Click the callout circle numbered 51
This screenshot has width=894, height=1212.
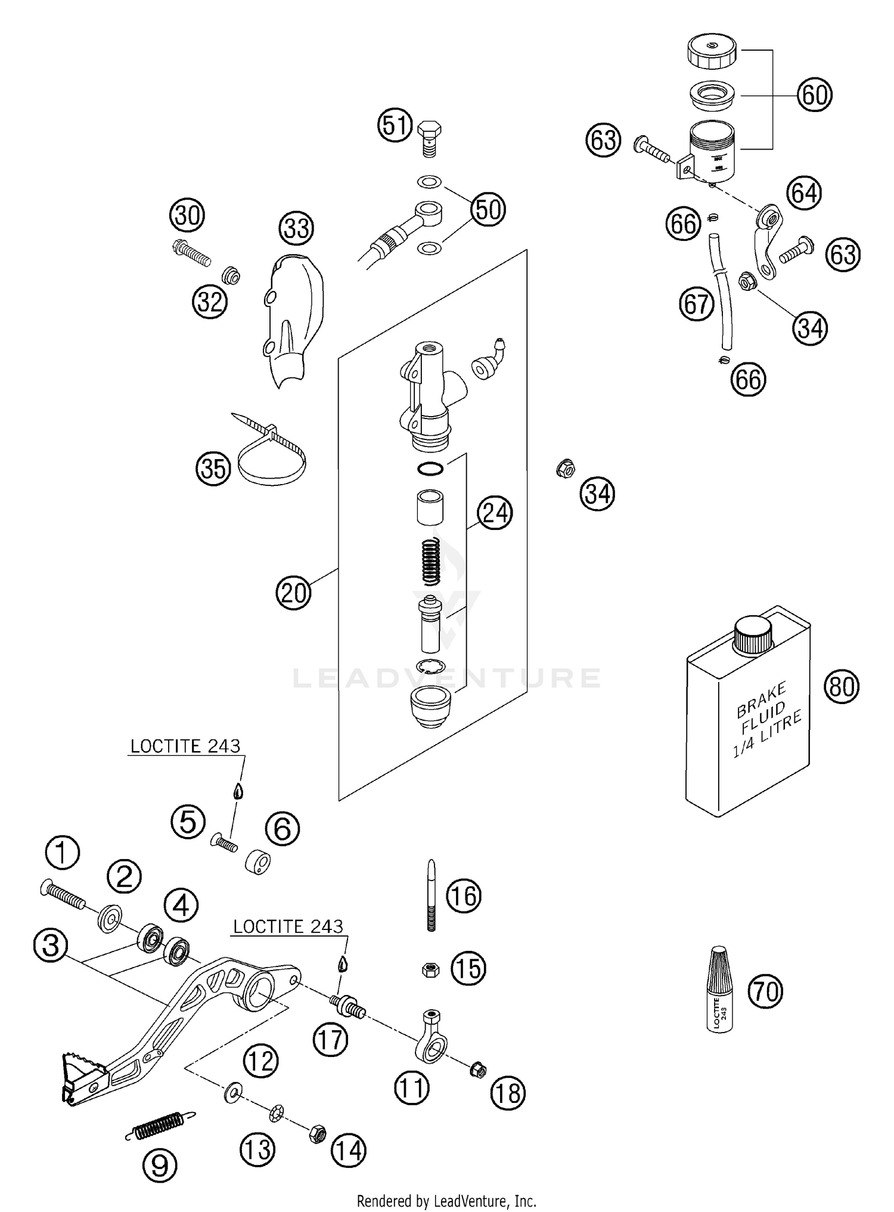(395, 126)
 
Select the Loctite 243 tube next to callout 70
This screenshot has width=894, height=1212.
(720, 988)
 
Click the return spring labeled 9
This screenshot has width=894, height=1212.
(160, 1125)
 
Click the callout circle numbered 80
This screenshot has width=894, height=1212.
(842, 687)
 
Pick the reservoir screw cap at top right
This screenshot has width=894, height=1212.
(712, 52)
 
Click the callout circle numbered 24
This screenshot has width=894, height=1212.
(495, 513)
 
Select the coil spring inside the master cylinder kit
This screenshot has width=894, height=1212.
(432, 561)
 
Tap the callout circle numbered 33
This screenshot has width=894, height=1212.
(297, 228)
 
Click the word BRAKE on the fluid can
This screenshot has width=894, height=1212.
(761, 702)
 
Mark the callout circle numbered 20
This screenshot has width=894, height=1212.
(293, 593)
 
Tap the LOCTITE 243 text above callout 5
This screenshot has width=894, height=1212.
(185, 746)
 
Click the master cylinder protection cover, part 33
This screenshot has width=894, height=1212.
(295, 322)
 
